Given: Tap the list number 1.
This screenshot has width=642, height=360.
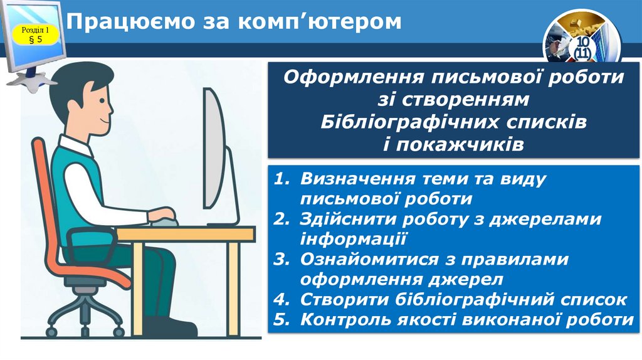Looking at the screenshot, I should coord(282,179).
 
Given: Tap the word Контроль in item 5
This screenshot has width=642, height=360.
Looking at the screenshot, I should coord(342,319).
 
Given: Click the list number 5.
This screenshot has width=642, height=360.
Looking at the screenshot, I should coord(282,319).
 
